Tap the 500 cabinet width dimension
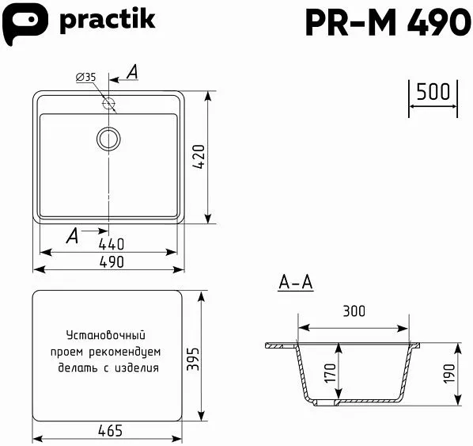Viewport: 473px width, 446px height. [433, 92]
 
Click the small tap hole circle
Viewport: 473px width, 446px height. [108, 103]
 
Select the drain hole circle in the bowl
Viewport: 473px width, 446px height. [108, 139]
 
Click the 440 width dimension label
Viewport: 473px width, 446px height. [111, 243]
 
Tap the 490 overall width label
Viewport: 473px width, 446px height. [110, 262]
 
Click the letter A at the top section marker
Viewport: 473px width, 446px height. [131, 72]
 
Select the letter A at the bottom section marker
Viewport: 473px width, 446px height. [72, 234]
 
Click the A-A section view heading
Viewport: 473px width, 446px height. [296, 282]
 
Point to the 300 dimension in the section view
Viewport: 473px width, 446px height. [354, 311]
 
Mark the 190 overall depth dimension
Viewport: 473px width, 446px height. [449, 373]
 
